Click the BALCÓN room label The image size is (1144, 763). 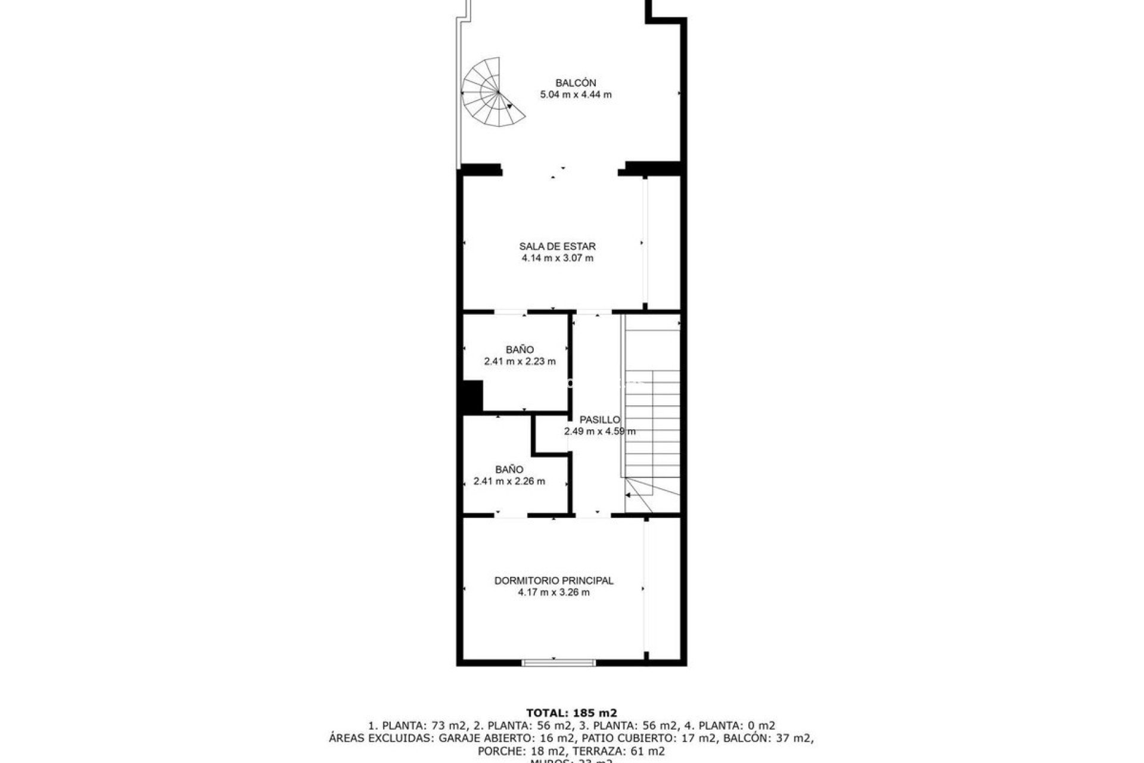pyautogui.click(x=575, y=83)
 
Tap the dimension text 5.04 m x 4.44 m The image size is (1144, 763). pyautogui.click(x=575, y=95)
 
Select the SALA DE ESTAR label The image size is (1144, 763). pyautogui.click(x=557, y=246)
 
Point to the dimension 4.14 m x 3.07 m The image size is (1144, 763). pyautogui.click(x=557, y=258)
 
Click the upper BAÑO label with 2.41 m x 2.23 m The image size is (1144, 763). pyautogui.click(x=520, y=350)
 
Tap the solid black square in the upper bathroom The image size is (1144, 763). pyautogui.click(x=472, y=396)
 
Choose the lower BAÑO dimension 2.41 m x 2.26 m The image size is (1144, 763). pyautogui.click(x=509, y=482)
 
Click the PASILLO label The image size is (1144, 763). pyautogui.click(x=599, y=420)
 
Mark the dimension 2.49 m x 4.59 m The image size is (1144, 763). pyautogui.click(x=599, y=432)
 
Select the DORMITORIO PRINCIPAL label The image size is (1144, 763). pyautogui.click(x=554, y=581)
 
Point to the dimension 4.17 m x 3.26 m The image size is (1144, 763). pyautogui.click(x=554, y=593)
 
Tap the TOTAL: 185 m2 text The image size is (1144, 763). pyautogui.click(x=571, y=712)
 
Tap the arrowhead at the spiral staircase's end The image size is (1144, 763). pyautogui.click(x=509, y=107)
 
